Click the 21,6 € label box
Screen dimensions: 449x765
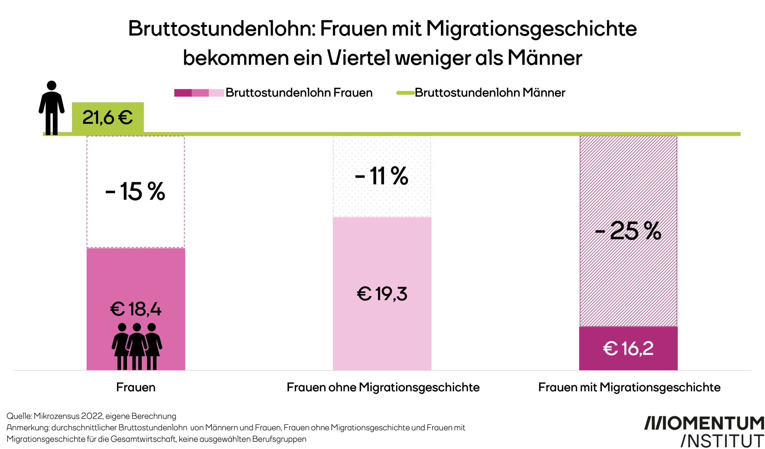point(108,117)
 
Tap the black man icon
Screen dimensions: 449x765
point(52,108)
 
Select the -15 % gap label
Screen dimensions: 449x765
point(135,192)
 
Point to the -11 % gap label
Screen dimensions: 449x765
point(382,176)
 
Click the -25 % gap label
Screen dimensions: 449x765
point(628,231)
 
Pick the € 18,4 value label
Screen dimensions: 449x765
point(136,309)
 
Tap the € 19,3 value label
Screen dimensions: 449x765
point(382,294)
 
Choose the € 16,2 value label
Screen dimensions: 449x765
point(628,348)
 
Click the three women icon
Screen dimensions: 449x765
point(137,346)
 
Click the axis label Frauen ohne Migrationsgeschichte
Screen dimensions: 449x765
point(383,387)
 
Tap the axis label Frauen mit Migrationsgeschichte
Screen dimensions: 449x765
point(629,387)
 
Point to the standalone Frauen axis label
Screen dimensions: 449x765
point(136,387)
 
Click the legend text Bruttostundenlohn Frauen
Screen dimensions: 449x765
point(299,93)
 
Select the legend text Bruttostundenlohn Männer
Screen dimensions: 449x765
point(490,93)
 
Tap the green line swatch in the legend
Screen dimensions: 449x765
point(406,93)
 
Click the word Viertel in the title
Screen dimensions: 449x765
point(359,58)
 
